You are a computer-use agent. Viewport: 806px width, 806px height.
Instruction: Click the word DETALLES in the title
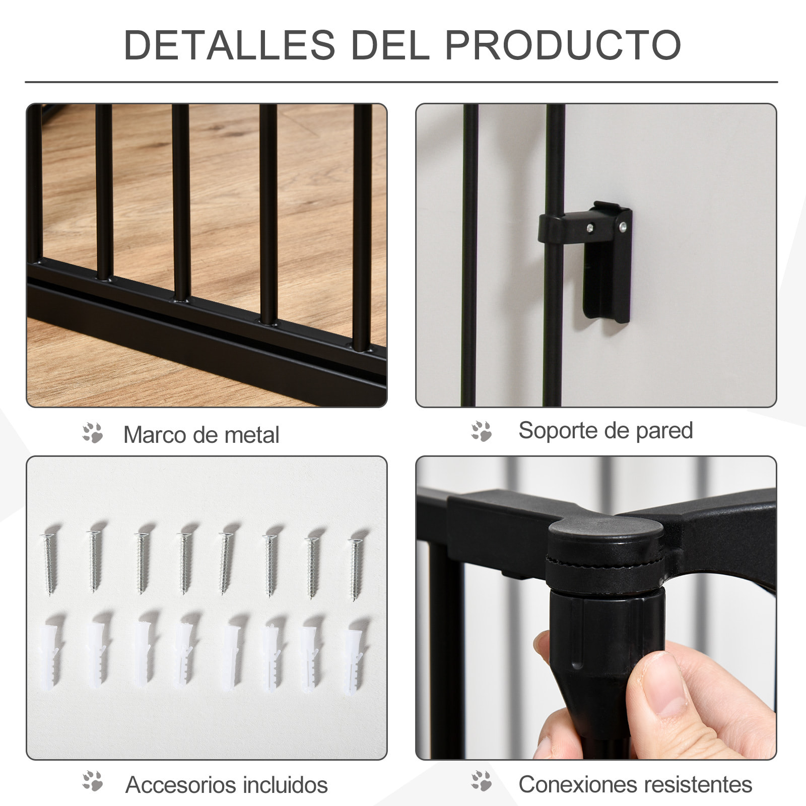coord(229,45)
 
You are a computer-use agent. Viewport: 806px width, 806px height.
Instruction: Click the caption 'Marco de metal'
coord(201,435)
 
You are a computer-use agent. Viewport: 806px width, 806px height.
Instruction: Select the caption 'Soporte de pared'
coord(606,431)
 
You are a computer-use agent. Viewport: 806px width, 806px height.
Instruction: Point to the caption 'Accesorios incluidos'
coord(226,784)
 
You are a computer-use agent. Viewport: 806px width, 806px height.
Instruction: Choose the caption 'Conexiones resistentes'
coord(635,784)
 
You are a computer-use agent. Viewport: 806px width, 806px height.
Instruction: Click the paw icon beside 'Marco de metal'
coord(93,433)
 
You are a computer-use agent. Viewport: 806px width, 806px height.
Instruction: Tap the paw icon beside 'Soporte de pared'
coord(481,431)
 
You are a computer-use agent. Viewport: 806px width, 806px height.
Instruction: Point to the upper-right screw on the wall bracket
coord(624,227)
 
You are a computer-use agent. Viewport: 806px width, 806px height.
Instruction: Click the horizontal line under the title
coord(401,82)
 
